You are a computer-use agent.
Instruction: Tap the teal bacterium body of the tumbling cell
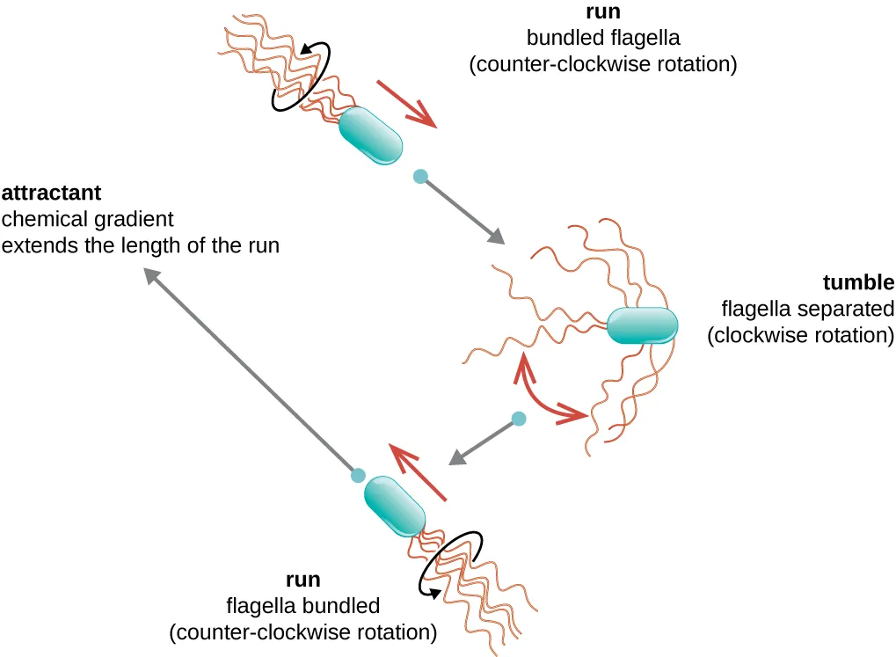643,325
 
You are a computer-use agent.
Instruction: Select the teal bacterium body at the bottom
395,506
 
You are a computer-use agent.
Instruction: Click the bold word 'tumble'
859,283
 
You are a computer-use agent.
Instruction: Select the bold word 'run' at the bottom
302,580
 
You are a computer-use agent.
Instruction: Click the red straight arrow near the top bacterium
407,105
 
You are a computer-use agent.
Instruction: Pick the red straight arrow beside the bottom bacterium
419,474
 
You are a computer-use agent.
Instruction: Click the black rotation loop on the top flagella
302,78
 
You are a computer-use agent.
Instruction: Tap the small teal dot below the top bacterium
420,177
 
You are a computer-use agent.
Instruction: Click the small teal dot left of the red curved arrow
519,419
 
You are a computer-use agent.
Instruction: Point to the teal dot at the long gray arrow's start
358,475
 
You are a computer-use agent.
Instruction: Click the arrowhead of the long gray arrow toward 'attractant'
152,276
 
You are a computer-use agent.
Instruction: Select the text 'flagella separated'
806,310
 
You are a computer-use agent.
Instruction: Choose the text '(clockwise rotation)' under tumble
800,336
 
